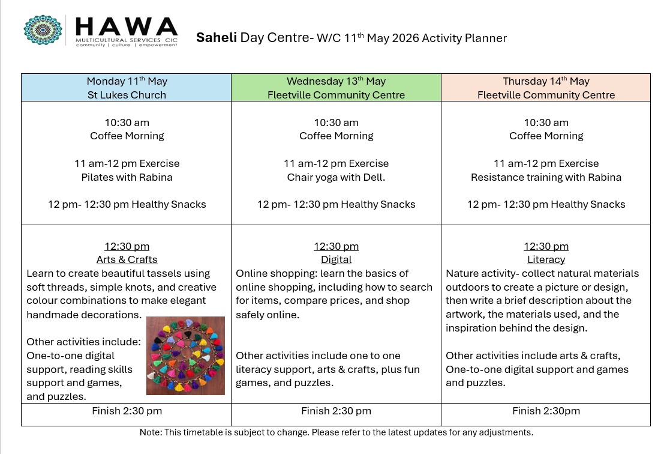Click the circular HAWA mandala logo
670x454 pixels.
(43, 30)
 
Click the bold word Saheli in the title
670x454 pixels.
(216, 38)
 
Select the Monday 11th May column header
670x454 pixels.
(127, 81)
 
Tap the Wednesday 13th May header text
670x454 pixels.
(336, 81)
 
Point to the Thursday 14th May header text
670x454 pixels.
(546, 81)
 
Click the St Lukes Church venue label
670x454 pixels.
(127, 95)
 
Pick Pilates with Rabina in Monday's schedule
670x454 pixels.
(127, 177)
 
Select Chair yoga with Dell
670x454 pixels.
(336, 177)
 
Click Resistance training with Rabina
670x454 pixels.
(546, 177)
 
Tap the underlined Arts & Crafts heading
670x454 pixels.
(127, 260)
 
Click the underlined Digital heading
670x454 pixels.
(336, 260)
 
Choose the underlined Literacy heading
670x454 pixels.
(546, 260)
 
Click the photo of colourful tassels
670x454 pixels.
(185, 356)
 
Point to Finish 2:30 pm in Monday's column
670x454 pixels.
(127, 411)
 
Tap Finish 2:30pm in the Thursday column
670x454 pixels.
(546, 411)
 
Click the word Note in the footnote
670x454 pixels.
(149, 432)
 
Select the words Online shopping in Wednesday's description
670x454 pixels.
(275, 273)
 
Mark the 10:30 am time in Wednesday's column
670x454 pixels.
(336, 123)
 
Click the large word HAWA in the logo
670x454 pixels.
(127, 26)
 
